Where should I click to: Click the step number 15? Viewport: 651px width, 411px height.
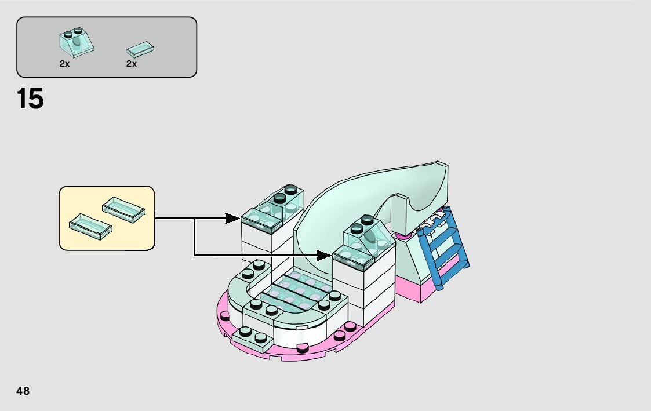[30, 99]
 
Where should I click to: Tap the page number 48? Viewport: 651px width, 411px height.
[23, 391]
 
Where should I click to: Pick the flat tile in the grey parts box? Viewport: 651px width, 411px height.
[140, 48]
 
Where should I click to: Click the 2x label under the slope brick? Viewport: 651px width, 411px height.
[64, 64]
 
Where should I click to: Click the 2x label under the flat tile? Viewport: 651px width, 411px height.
[132, 64]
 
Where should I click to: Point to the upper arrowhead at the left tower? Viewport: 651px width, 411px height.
[233, 219]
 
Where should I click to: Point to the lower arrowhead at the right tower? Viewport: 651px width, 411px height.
[324, 254]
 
